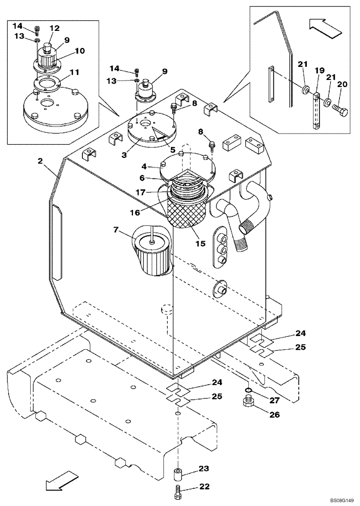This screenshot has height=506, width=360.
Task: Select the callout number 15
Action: tap(200, 243)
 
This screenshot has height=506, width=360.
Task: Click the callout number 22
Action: tap(204, 487)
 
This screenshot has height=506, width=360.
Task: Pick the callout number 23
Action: tap(204, 469)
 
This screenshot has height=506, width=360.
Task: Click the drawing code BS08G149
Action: tap(333, 499)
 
